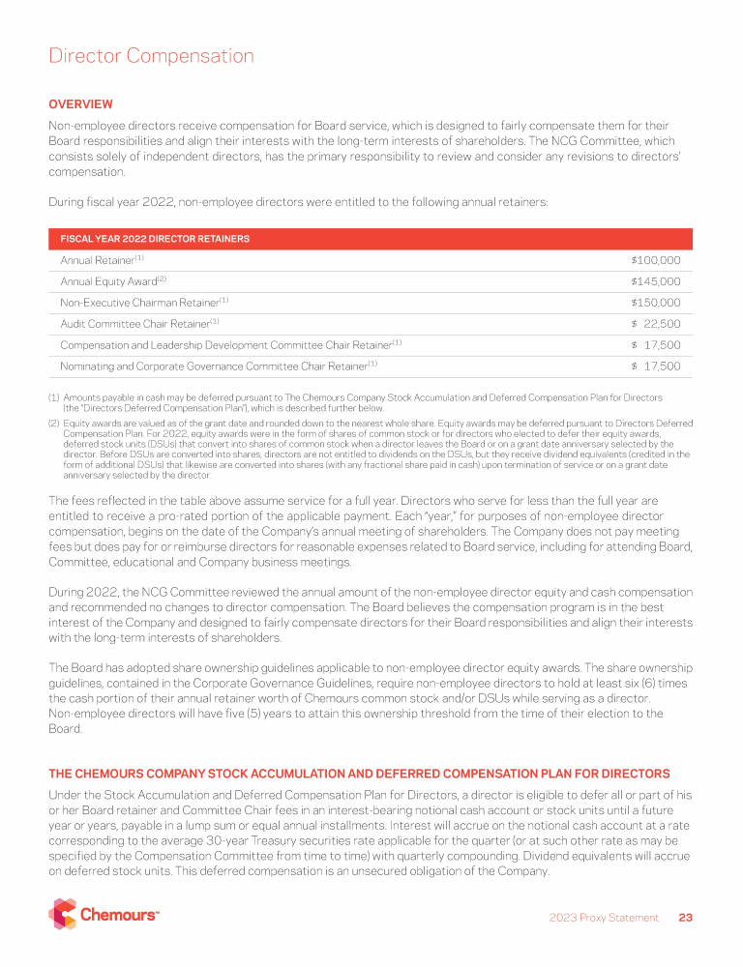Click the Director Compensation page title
point(151,56)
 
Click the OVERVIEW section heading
point(80,104)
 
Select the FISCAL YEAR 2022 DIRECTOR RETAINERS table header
point(155,239)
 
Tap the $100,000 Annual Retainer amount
point(655,260)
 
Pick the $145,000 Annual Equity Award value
point(655,281)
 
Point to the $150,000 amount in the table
point(655,303)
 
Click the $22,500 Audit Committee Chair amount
point(655,324)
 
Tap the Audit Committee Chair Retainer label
point(139,324)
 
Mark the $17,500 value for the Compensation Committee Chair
point(655,345)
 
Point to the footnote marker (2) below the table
point(54,424)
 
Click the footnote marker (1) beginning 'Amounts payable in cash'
point(54,397)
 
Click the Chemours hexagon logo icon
point(62,914)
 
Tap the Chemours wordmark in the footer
point(119,915)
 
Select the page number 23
point(686,918)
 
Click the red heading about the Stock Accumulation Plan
point(359,774)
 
